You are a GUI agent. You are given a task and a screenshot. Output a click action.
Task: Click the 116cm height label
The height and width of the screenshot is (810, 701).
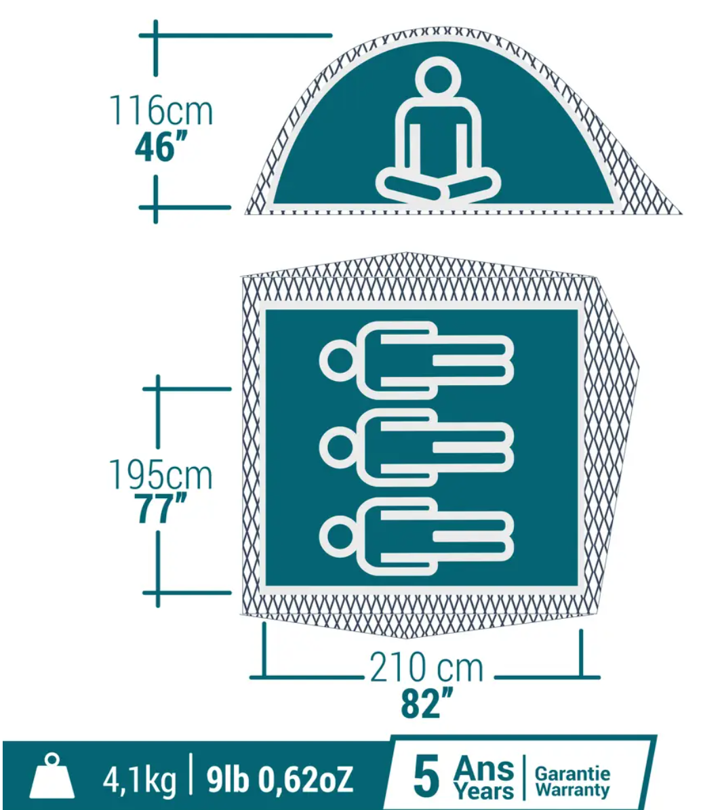[x=161, y=110]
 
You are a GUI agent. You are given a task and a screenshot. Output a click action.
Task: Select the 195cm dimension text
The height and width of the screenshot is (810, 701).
[x=161, y=474]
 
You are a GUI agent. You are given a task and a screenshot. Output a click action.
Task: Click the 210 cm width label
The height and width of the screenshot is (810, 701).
[x=426, y=668]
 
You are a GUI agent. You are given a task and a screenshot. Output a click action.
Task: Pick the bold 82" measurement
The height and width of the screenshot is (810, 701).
[x=426, y=702]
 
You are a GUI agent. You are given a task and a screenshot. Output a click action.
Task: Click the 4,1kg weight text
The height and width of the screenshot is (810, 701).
[x=140, y=781]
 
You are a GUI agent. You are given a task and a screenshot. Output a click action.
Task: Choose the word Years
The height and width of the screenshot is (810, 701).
[x=484, y=790]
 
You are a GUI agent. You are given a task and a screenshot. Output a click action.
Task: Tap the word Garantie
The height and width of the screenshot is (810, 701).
[x=572, y=773]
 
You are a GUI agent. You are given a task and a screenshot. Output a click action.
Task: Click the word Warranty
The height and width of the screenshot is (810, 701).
[x=572, y=790]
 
